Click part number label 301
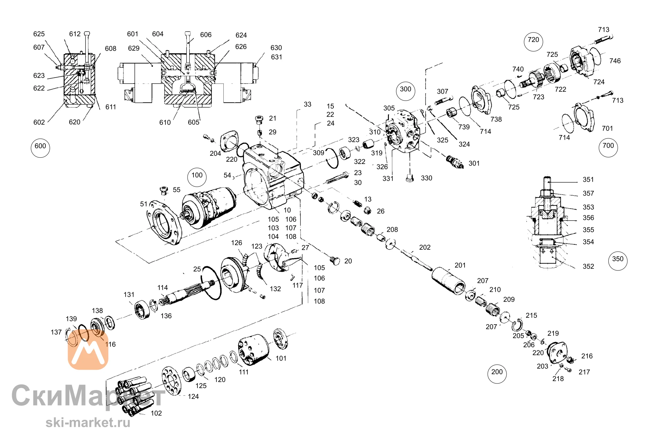click(x=474, y=163)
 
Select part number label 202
click(x=425, y=247)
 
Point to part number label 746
click(x=615, y=61)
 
